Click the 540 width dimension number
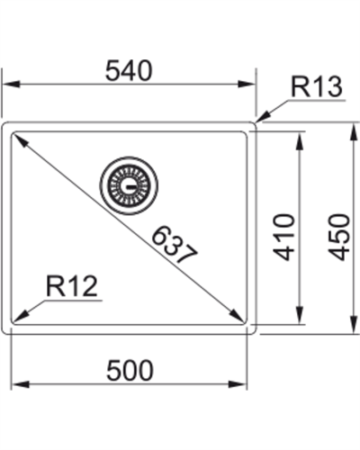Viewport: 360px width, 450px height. pos(127,69)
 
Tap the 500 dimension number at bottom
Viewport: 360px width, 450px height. pos(130,370)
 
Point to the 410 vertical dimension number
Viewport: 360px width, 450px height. pos(284,237)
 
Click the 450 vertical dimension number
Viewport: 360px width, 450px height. pos(337,237)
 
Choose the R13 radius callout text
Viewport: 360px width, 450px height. pos(316,87)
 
